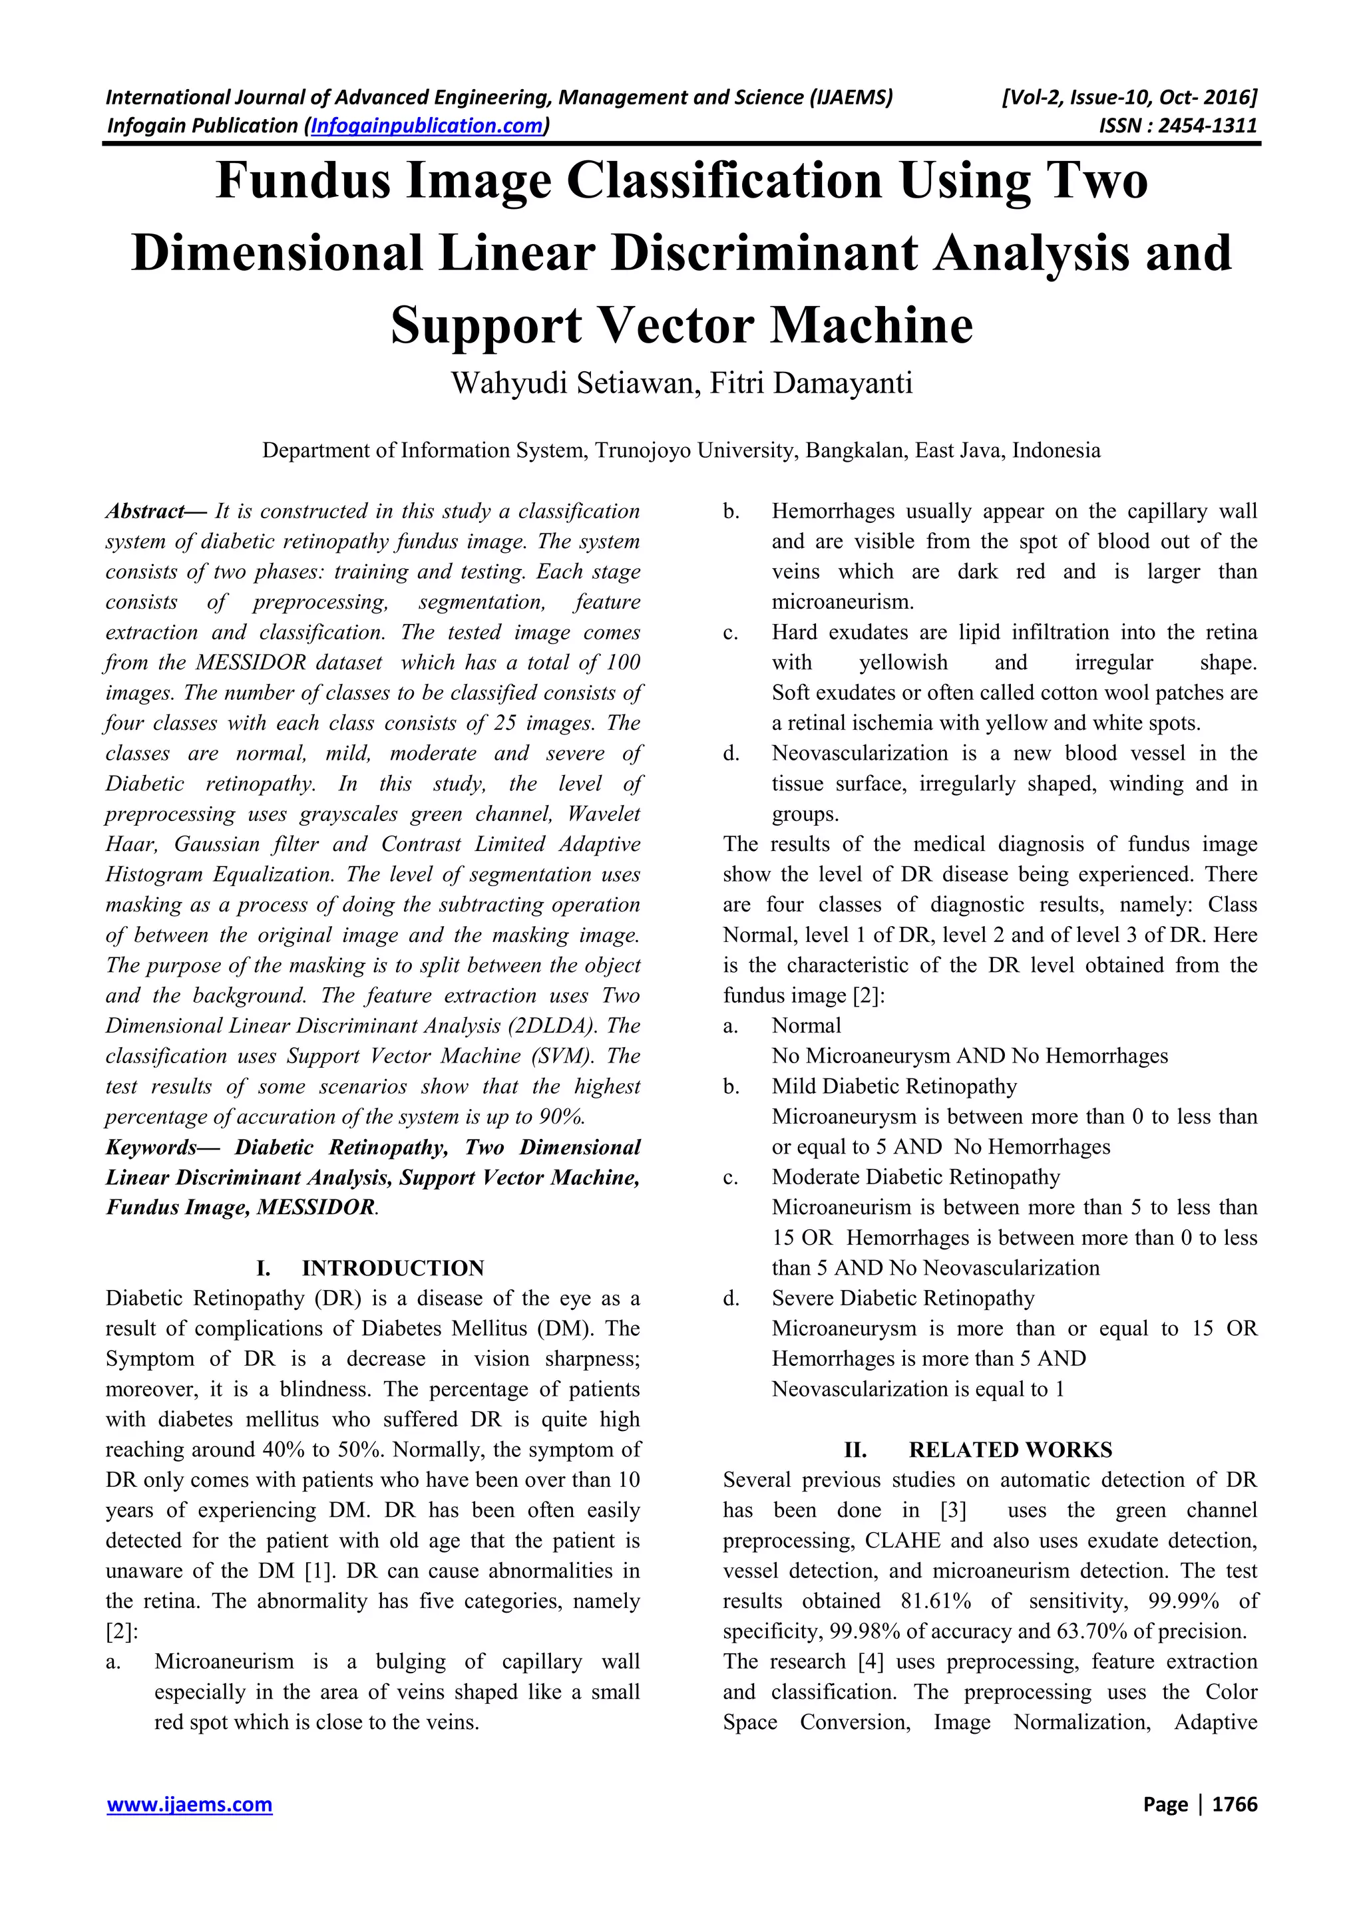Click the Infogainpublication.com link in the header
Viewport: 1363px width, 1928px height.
click(x=427, y=126)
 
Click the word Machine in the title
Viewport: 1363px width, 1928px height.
click(x=871, y=326)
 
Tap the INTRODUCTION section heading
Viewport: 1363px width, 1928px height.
click(x=393, y=1268)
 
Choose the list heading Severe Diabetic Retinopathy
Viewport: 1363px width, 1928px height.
click(x=903, y=1298)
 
